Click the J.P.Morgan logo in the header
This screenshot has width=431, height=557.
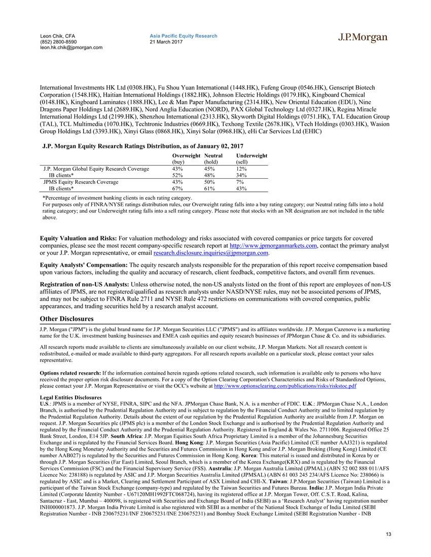[363, 38]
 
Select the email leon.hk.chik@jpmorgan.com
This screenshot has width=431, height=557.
[71, 48]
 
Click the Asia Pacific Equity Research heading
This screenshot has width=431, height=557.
[184, 36]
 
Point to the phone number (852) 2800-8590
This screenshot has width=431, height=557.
[58, 42]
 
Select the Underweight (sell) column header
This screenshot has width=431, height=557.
[252, 158]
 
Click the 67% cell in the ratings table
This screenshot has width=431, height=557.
[177, 188]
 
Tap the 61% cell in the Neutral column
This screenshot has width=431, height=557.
[209, 188]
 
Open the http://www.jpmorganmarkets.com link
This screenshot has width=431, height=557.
[273, 246]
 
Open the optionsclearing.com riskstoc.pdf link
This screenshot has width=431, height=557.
[285, 386]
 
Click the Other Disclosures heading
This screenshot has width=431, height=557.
[67, 319]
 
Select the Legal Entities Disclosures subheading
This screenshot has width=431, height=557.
[71, 397]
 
